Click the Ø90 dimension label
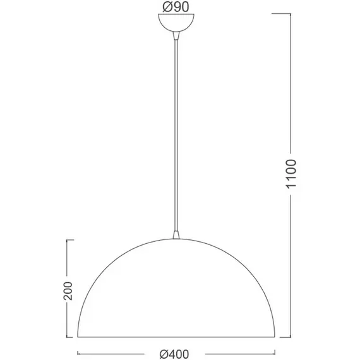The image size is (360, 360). point(176,7)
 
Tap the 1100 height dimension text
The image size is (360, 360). point(291,174)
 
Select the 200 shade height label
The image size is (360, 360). point(68,291)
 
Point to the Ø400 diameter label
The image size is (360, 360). point(174,354)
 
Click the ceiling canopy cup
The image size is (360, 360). point(176,23)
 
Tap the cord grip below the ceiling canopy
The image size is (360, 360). point(176,36)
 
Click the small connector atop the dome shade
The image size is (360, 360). point(176,235)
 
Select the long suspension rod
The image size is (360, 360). point(176,135)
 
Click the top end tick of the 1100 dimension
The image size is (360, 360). point(281,14)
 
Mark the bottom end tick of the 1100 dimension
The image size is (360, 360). point(285,337)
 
